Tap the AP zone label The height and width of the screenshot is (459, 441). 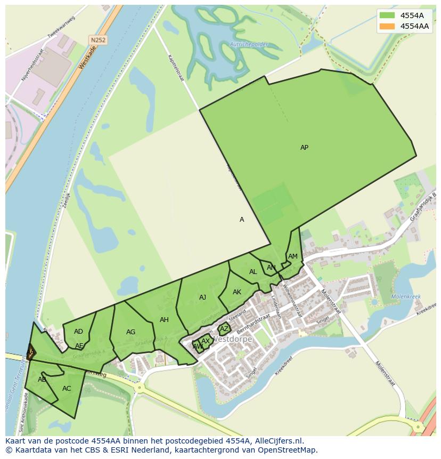304,148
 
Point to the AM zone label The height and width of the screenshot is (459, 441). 292,256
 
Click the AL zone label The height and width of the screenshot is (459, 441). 253,272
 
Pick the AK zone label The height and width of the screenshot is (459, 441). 237,292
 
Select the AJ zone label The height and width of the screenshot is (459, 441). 202,297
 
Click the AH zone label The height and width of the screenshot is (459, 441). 164,320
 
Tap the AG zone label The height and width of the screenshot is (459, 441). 130,332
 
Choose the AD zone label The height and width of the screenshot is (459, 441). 78,332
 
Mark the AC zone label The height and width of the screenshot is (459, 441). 67,389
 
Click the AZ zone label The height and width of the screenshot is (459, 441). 224,329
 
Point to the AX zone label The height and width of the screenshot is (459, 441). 206,341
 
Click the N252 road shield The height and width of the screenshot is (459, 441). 97,40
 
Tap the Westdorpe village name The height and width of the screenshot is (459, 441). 232,339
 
